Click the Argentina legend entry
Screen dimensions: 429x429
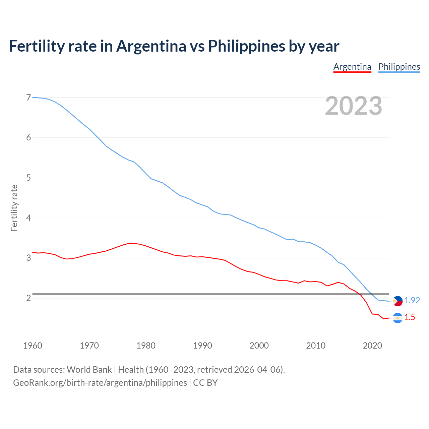[352, 67]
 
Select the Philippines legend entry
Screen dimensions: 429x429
[399, 67]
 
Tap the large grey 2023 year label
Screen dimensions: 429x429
[354, 106]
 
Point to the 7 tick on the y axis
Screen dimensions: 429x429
[28, 98]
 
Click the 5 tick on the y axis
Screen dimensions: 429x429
[28, 178]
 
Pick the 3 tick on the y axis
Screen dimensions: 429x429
[28, 258]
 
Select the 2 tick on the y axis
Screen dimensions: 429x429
[28, 298]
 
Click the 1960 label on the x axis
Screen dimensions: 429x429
[33, 346]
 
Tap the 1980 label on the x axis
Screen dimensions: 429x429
[146, 346]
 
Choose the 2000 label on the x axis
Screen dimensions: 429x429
[259, 346]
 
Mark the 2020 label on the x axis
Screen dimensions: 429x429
[372, 346]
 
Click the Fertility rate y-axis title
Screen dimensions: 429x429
[14, 208]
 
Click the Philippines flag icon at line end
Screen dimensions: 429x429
[397, 301]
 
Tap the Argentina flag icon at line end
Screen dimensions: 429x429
[397, 318]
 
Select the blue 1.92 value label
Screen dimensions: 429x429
[412, 301]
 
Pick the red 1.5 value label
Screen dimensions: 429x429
[410, 317]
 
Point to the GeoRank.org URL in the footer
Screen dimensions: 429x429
[100, 383]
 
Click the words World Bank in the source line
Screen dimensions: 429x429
[89, 370]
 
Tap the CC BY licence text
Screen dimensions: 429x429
[205, 383]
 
